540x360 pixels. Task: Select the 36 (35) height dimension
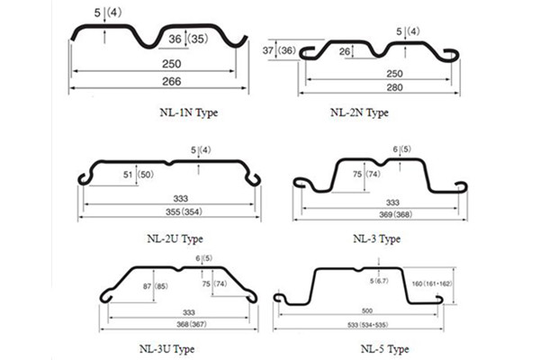(x=188, y=38)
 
